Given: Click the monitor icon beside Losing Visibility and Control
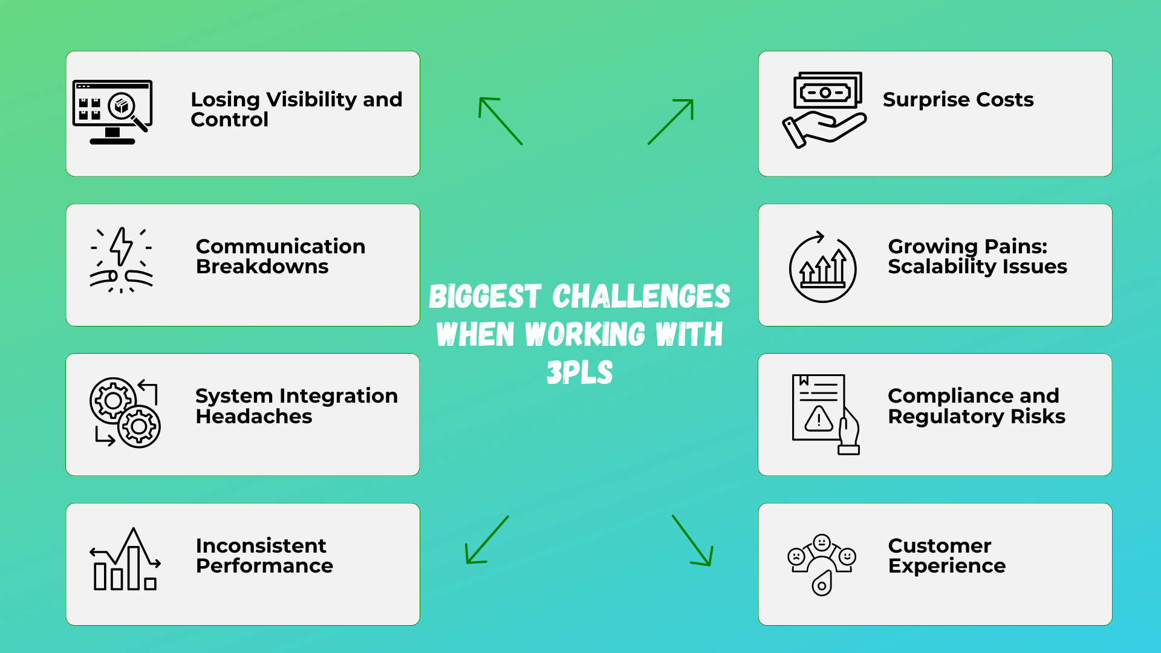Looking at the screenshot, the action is pyautogui.click(x=112, y=112).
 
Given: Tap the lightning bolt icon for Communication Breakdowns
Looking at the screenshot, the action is pyautogui.click(x=122, y=260).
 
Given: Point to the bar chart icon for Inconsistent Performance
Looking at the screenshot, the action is pyautogui.click(x=125, y=560).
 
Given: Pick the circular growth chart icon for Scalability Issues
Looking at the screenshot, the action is pyautogui.click(x=822, y=267).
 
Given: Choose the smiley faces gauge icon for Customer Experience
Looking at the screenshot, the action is pyautogui.click(x=822, y=564).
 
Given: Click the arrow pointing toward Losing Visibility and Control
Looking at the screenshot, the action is pyautogui.click(x=500, y=120).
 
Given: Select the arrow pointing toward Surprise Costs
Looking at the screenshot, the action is pyautogui.click(x=671, y=122).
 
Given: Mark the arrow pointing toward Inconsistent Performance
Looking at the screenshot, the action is pyautogui.click(x=486, y=540).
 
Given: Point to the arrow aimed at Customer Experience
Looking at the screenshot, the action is pyautogui.click(x=693, y=541).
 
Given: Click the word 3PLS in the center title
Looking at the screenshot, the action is pyautogui.click(x=579, y=372).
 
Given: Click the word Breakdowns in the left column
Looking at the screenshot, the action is pyautogui.click(x=262, y=267).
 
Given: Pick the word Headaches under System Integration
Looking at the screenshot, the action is pyautogui.click(x=254, y=417).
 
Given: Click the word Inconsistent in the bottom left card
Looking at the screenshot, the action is pyautogui.click(x=261, y=545).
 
